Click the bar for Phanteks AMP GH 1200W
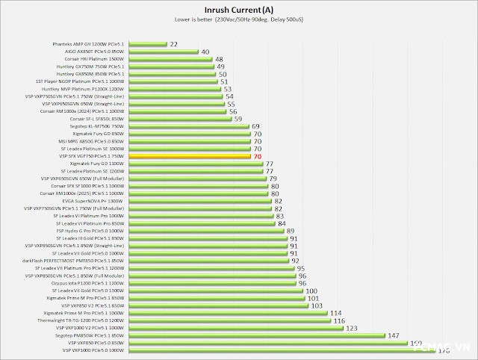146,45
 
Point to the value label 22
173,45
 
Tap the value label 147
393,335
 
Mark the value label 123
350,328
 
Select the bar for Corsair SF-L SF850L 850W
179,119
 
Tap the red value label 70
257,157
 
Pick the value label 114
335,313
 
